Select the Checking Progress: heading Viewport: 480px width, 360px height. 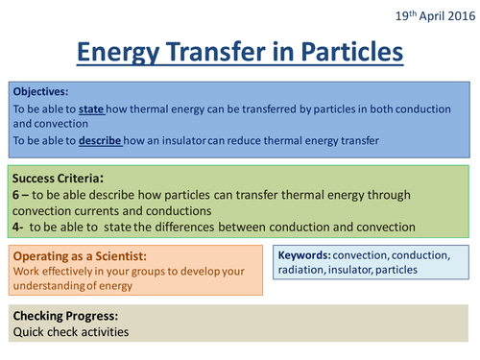(64, 318)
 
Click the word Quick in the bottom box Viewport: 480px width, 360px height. (31, 333)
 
